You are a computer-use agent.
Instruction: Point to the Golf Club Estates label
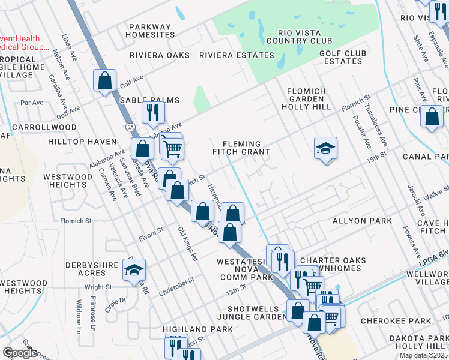342,57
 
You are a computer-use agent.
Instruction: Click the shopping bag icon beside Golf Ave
104,80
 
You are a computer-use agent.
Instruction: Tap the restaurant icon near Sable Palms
152,112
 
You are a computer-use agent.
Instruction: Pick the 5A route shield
130,127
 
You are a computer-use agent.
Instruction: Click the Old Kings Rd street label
188,244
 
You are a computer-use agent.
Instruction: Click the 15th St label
376,157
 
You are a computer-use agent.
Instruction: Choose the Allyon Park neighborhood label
362,221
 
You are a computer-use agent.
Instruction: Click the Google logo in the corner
20,353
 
